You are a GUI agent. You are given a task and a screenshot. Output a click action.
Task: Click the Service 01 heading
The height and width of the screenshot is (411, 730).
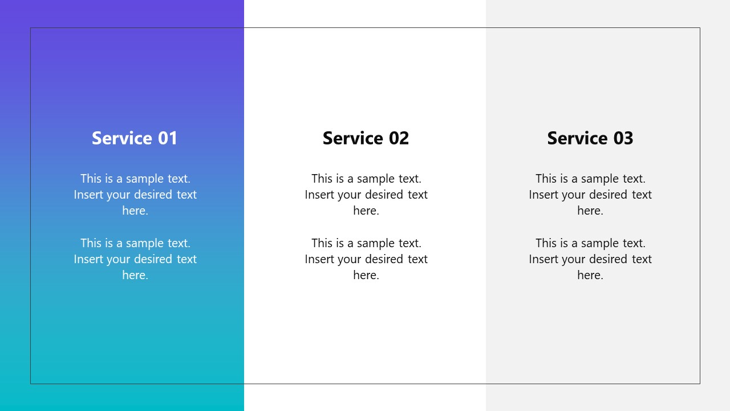point(135,138)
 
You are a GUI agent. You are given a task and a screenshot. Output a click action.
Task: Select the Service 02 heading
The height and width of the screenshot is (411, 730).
point(366,138)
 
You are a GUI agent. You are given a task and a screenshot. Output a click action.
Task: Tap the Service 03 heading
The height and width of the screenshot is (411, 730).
point(590,138)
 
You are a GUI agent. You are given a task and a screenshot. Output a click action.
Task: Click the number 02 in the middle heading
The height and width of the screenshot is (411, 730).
point(399,138)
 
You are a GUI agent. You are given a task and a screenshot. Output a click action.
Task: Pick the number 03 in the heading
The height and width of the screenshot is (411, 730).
point(623,138)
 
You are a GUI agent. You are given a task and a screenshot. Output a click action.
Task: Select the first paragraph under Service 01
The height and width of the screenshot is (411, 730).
point(135,195)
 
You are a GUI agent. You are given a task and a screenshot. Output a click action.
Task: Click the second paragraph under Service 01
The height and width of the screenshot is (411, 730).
point(135,259)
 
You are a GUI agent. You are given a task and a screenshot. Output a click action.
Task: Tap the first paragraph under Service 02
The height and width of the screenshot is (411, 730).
point(366,195)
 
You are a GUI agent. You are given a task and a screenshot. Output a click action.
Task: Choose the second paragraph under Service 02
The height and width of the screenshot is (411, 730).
point(366,259)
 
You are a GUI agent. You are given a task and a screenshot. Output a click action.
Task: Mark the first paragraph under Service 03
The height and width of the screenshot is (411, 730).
point(590,195)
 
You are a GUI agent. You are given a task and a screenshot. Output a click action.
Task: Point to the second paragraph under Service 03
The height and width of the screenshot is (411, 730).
point(590,259)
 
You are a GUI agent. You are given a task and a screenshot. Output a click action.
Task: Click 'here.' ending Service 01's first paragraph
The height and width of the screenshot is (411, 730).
point(135,211)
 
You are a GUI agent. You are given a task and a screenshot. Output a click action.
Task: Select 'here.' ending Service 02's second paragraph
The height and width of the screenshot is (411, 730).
point(366,275)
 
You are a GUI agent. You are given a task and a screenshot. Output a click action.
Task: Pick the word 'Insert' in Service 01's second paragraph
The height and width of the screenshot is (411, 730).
point(88,259)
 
